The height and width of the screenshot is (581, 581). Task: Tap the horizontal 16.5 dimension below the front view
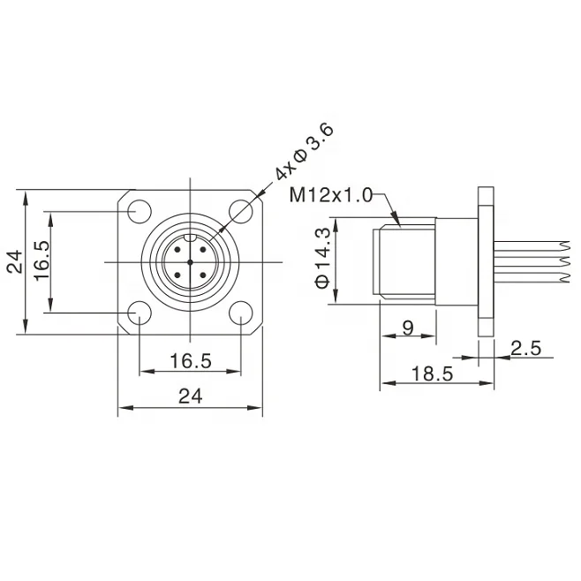coord(190,360)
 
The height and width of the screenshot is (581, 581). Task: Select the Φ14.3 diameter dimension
coord(322,258)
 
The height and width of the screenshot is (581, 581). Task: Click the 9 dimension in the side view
coord(407,328)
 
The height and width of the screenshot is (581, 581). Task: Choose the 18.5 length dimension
coord(433,374)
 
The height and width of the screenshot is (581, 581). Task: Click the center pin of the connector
coord(190,261)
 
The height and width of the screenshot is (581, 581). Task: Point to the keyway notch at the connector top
coord(190,237)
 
